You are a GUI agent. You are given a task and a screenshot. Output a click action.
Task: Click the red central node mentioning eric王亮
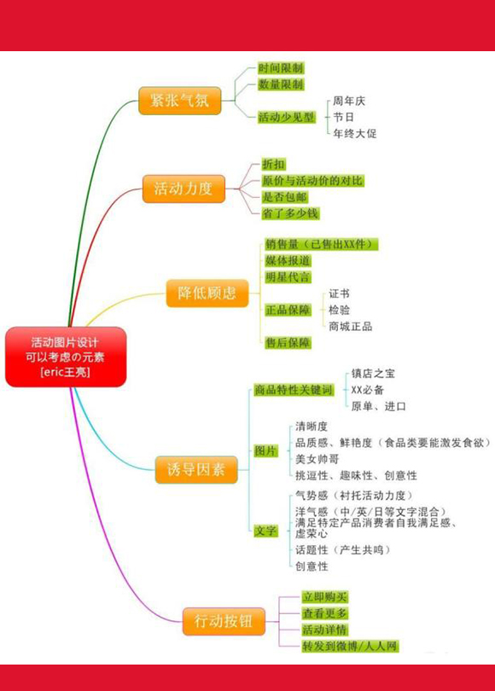tap(66, 357)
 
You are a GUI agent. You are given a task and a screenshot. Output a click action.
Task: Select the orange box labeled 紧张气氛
tap(180, 101)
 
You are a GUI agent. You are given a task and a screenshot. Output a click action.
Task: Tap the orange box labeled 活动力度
tap(183, 189)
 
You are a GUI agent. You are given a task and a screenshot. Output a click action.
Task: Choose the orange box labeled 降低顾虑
tap(207, 293)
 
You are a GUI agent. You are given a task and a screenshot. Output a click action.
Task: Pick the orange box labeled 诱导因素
tap(196, 469)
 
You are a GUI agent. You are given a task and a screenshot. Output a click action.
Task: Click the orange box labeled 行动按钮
tap(224, 621)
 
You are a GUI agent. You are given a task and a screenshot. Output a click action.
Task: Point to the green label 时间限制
tap(281, 68)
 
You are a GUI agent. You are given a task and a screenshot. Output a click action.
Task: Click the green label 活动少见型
tap(287, 117)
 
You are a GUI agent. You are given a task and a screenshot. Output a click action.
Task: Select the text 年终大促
tap(355, 134)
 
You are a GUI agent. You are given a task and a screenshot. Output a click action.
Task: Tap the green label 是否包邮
tap(285, 197)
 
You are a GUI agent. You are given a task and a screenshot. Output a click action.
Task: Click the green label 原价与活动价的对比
tap(313, 181)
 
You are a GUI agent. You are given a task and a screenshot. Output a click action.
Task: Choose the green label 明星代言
tap(288, 277)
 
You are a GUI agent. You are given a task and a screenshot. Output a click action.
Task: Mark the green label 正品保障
tap(288, 310)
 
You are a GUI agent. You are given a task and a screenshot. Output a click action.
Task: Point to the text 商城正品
tap(351, 327)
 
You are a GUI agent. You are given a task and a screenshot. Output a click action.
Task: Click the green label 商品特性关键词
tap(294, 390)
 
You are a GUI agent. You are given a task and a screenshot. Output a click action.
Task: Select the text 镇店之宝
tap(373, 374)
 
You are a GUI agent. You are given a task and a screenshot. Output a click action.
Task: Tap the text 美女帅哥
tap(317, 459)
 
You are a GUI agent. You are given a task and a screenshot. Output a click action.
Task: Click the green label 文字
tap(265, 531)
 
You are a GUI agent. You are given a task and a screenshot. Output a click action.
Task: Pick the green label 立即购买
tap(325, 597)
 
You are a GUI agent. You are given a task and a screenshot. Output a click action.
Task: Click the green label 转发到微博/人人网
tap(350, 647)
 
